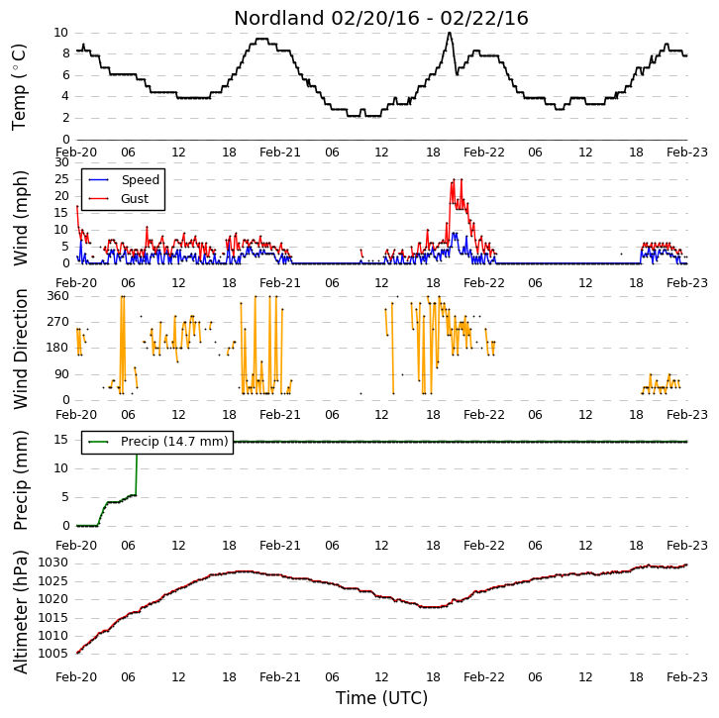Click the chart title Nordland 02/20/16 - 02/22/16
[381, 19]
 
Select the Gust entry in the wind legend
[118, 198]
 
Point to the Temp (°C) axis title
[19, 87]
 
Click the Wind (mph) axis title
[20, 218]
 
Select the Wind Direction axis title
[20, 349]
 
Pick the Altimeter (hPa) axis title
[20, 612]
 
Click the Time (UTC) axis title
[381, 698]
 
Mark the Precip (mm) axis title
[20, 480]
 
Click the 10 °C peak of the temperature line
[450, 33]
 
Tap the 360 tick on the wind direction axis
[57, 296]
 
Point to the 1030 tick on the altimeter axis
[52, 563]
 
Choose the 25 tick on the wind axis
[61, 179]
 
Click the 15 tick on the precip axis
[60, 440]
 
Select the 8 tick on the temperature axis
[65, 53]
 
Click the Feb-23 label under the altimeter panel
[687, 676]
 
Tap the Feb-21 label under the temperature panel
[279, 153]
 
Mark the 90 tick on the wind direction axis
[61, 374]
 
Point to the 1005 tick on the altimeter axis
[52, 654]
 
